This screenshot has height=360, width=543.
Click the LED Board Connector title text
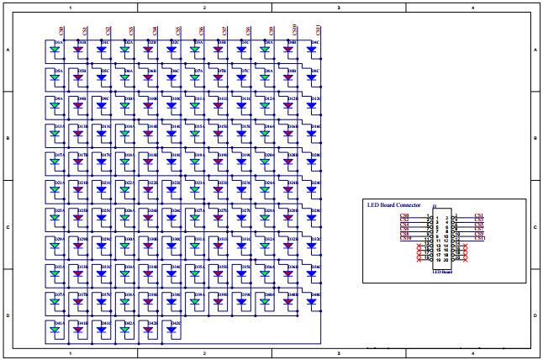coord(393,204)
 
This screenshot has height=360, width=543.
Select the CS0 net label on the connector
coord(405,217)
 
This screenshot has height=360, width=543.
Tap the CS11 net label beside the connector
coord(479,238)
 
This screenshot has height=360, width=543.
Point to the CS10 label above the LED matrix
coord(293,30)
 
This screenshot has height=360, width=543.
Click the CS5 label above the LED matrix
coord(177,30)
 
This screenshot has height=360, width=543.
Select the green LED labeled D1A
coord(55,49)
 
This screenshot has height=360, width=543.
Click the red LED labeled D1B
coord(78,49)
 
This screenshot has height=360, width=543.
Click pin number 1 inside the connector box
coord(437,218)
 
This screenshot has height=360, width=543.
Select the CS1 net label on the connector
coord(479,217)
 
